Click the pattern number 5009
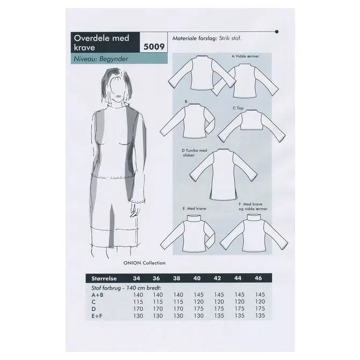[154, 47]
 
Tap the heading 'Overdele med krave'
[102, 42]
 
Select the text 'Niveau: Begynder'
[101, 59]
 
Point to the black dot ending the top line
[277, 32]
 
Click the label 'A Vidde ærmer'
[245, 56]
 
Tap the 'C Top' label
[238, 108]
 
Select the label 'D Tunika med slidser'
[194, 153]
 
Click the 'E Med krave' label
[194, 208]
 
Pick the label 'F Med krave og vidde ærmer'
[253, 206]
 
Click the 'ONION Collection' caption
[144, 263]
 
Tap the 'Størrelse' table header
[104, 278]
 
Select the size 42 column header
[217, 278]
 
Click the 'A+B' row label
[97, 295]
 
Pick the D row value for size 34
[138, 309]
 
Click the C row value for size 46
[260, 301]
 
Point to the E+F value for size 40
[199, 316]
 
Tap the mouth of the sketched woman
[119, 97]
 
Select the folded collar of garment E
[194, 219]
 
